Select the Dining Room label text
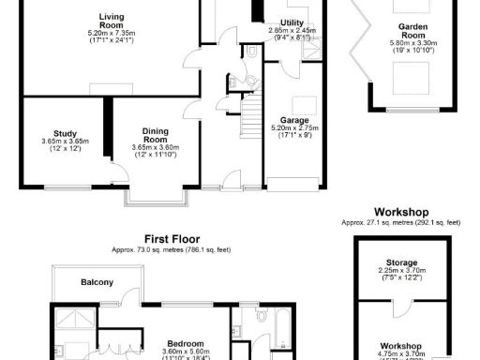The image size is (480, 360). tap(156, 135)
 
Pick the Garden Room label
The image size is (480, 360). tap(412, 28)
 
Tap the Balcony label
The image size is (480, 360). tap(97, 282)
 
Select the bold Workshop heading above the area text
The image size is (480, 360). tap(400, 212)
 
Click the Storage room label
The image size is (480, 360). tap(401, 262)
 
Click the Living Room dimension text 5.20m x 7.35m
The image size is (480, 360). tap(113, 33)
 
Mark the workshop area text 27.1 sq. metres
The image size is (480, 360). tap(400, 223)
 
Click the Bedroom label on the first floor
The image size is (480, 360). tap(184, 344)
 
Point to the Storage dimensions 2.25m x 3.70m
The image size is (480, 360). tap(401, 271)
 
